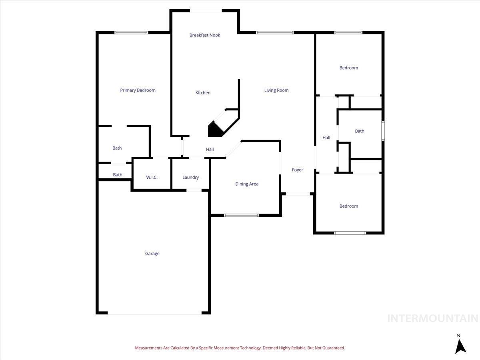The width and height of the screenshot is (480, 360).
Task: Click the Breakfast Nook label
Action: [205, 35]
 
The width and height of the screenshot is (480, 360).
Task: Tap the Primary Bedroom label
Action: [138, 90]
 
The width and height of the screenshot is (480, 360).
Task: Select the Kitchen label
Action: [203, 93]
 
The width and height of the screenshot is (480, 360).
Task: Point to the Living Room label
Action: [276, 90]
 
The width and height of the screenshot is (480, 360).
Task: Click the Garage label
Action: [152, 254]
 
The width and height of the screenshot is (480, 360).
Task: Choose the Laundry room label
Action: [190, 178]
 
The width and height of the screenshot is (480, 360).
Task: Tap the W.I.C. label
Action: [152, 178]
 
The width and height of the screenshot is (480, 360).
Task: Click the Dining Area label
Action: [247, 184]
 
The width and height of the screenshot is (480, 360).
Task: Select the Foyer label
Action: [298, 170]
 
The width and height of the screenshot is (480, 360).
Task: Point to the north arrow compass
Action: [460, 345]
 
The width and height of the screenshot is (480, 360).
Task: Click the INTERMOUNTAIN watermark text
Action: [433, 318]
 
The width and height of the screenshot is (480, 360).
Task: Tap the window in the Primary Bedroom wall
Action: [131, 32]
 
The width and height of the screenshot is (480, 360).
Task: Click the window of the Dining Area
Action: [241, 215]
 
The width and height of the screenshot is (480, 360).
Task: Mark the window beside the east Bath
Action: [383, 131]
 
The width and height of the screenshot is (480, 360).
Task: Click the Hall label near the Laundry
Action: [210, 150]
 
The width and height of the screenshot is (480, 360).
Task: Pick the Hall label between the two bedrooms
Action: [326, 138]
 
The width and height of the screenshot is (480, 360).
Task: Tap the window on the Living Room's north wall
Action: [275, 32]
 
